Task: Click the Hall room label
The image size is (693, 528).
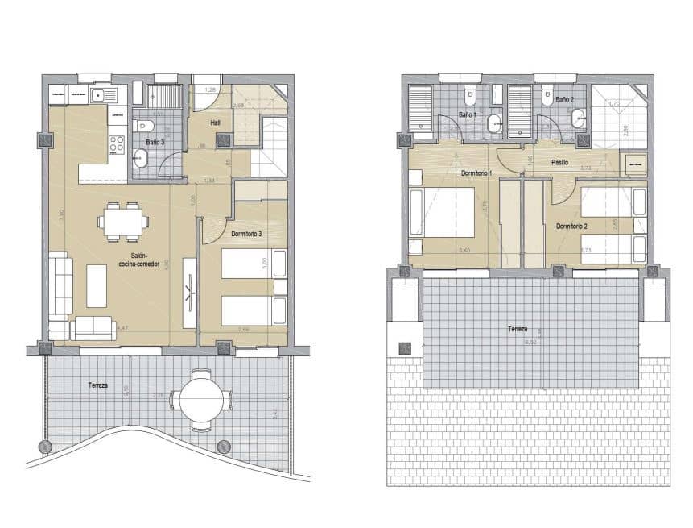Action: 216,123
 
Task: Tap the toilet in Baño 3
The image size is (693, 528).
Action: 144,126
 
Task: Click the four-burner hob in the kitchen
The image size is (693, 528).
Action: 116,145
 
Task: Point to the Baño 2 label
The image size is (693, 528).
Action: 564,100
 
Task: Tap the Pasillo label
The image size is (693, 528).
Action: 560,161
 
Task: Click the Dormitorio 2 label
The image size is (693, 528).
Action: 572,226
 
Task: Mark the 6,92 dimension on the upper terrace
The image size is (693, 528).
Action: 530,343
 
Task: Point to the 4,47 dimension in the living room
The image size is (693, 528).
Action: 122,328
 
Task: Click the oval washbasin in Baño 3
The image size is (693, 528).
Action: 140,156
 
